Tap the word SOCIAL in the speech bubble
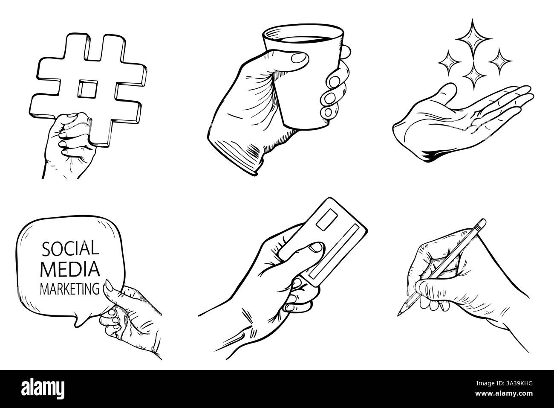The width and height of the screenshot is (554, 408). tap(70, 248)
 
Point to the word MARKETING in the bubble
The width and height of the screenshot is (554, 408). tap(69, 290)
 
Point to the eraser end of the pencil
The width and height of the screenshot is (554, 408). tap(481, 223)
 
